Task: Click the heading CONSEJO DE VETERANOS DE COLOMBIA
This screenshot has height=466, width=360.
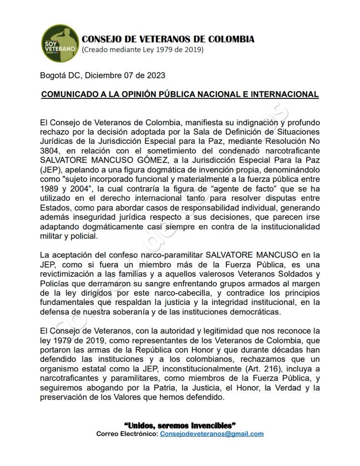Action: pos(168,39)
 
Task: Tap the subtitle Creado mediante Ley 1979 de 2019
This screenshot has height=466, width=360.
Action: pos(142,49)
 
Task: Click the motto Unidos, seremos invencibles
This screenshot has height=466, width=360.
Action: pos(180,425)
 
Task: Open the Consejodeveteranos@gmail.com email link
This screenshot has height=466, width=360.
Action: pos(211,434)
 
